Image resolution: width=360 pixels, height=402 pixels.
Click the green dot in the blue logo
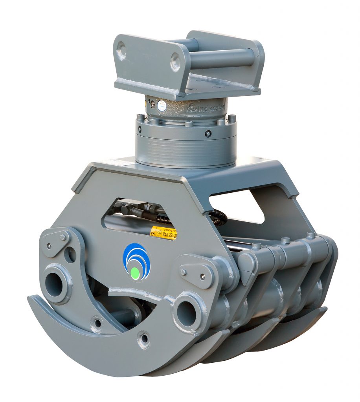click(x=135, y=273)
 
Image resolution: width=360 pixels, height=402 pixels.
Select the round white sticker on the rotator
click(x=161, y=105)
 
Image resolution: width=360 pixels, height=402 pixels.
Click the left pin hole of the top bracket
click(x=121, y=51)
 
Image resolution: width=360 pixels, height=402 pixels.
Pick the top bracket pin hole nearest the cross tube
click(x=175, y=62)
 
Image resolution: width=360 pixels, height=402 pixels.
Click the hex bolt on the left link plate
click(x=63, y=237)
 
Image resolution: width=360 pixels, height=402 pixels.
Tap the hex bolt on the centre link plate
click(x=183, y=272)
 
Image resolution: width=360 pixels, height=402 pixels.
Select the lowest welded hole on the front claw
click(x=143, y=338)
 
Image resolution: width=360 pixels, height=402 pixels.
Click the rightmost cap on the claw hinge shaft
click(x=311, y=235)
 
